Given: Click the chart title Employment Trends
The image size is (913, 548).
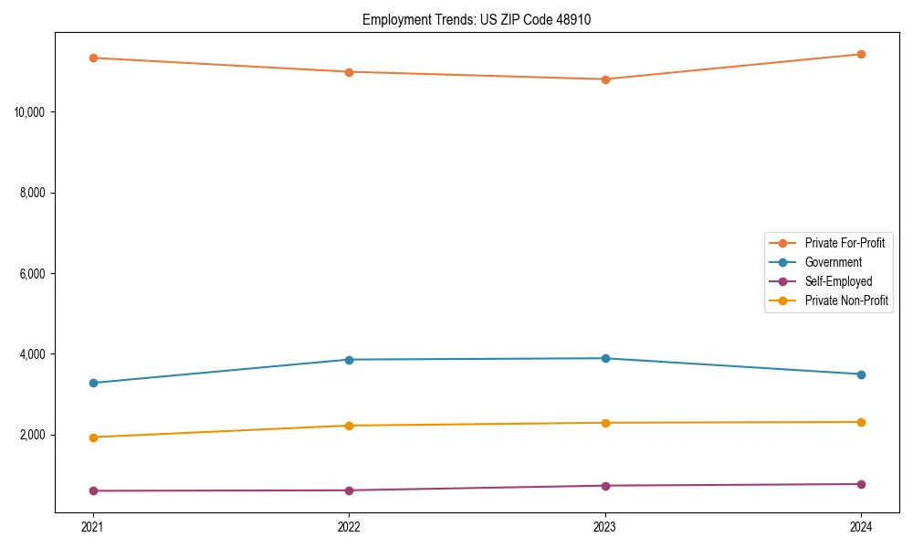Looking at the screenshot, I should [x=477, y=19].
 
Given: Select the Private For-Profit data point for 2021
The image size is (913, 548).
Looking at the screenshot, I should [x=93, y=58].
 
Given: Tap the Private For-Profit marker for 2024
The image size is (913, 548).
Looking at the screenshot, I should [x=861, y=54].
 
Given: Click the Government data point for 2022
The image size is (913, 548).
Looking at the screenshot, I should [x=349, y=359].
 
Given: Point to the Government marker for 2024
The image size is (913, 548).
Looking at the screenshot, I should [x=861, y=374].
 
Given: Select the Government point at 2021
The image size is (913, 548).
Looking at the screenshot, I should [x=93, y=383].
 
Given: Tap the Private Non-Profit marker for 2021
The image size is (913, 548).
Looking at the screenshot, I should [x=93, y=437].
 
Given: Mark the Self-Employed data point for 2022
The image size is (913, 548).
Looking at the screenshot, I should [x=349, y=490].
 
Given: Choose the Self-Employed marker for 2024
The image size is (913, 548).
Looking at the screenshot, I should [x=861, y=484].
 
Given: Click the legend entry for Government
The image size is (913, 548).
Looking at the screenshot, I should [x=833, y=262].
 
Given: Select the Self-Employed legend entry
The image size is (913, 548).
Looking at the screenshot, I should [x=838, y=281].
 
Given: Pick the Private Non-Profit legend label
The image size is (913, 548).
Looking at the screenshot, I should [x=846, y=300].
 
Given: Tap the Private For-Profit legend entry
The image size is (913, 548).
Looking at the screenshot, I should [x=845, y=243].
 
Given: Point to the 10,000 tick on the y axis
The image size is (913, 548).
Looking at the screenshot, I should [x=32, y=112].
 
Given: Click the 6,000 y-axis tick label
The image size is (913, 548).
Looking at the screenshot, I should [x=35, y=274].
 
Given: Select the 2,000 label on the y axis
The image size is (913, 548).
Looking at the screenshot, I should [x=35, y=435].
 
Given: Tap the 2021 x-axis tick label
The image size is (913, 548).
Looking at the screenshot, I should [x=93, y=526].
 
